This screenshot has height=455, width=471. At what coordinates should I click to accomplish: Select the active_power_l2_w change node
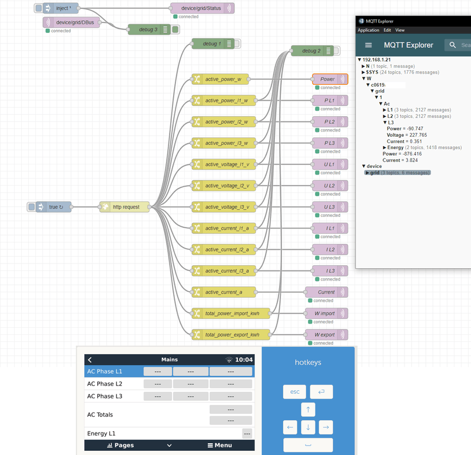click(x=227, y=121)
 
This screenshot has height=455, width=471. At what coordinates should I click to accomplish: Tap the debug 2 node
click(x=311, y=51)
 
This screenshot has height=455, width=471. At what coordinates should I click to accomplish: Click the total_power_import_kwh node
click(x=231, y=313)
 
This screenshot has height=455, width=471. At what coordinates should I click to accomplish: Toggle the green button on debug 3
click(x=175, y=29)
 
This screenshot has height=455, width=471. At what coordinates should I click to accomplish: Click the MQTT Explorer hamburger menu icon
click(x=369, y=45)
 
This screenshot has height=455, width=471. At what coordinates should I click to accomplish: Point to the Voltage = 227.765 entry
click(x=407, y=135)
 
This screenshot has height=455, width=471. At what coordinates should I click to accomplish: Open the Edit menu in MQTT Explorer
click(x=387, y=30)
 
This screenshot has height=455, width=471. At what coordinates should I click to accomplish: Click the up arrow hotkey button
click(x=308, y=410)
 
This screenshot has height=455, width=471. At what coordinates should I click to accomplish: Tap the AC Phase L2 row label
click(x=105, y=384)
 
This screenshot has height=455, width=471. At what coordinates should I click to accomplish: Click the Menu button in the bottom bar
click(x=215, y=446)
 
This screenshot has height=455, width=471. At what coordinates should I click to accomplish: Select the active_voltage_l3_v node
click(x=227, y=207)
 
